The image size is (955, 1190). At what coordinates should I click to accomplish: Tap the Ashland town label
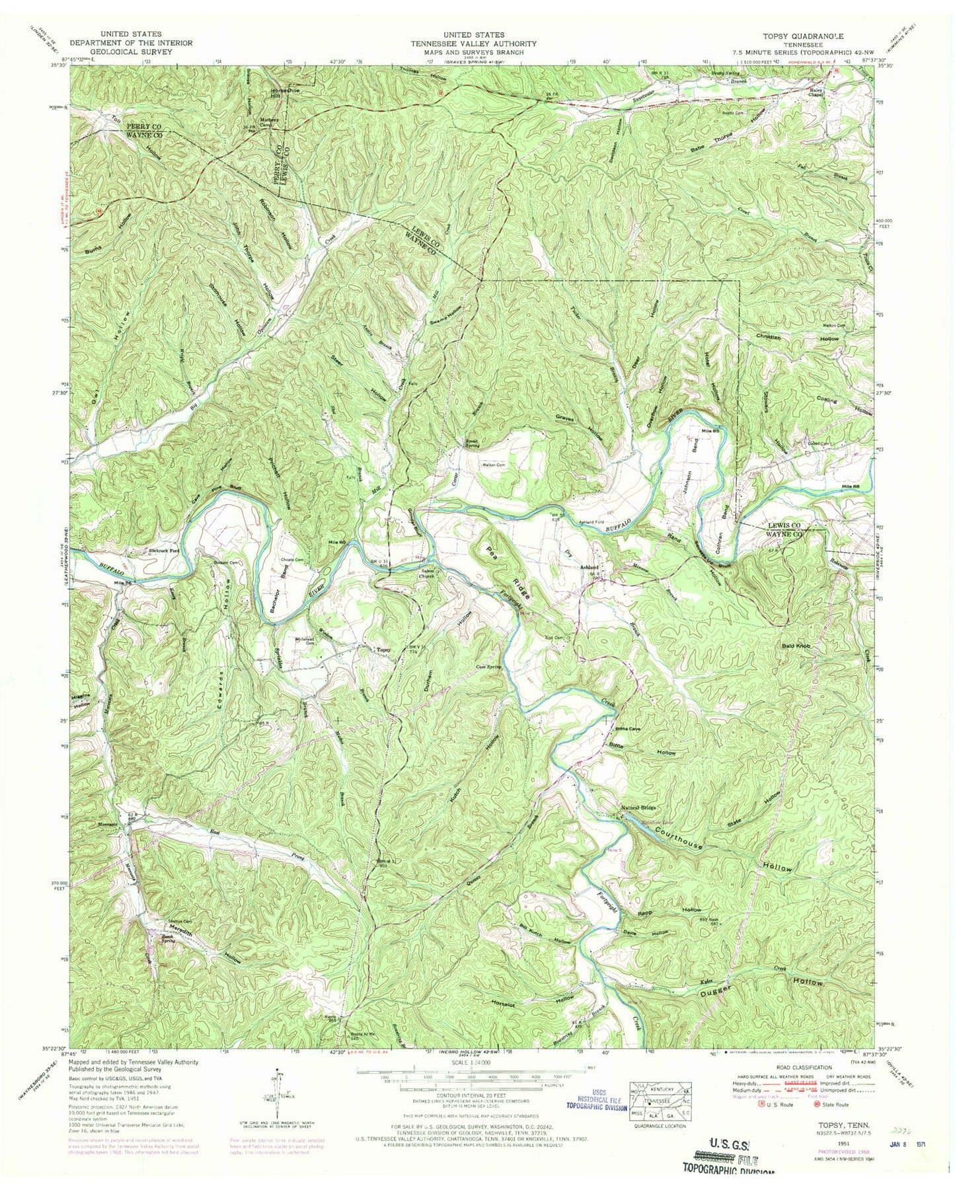(589, 568)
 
